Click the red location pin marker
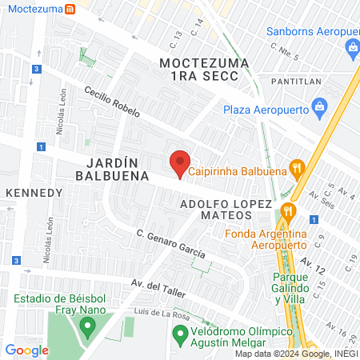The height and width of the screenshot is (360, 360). coord(180,162)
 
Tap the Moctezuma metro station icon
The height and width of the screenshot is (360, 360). coord(70,10)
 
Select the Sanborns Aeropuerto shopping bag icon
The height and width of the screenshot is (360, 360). coord(352,49)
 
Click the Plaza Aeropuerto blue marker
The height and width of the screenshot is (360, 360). coord(319,106)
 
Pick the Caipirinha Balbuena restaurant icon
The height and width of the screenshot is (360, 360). coord(297,167)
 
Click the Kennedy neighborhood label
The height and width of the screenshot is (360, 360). coord(34,193)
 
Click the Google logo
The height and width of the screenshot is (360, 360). coord(27,350)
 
